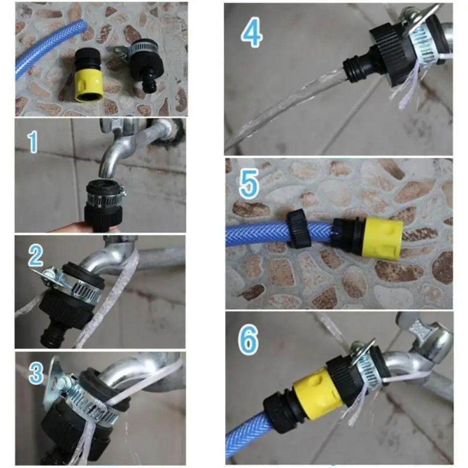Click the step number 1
(32, 142)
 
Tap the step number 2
(36, 256)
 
